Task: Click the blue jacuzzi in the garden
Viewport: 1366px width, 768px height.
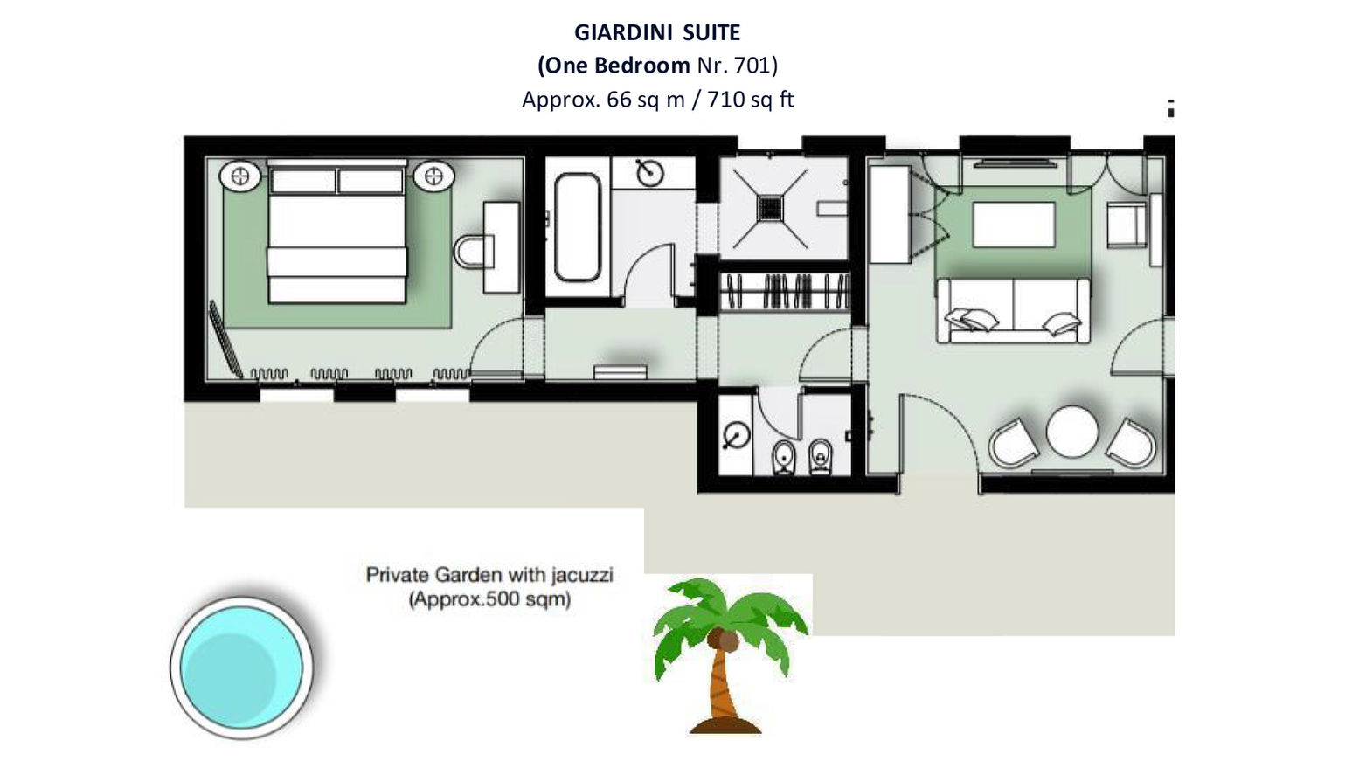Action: point(241,668)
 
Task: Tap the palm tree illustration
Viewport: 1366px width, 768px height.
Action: point(729,655)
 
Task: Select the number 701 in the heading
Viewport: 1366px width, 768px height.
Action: point(752,66)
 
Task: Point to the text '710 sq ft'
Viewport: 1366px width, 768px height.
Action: point(750,100)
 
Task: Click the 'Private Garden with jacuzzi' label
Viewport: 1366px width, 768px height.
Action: point(489,575)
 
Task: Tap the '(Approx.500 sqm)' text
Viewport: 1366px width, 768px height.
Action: point(489,599)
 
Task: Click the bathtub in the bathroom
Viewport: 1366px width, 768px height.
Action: point(577,227)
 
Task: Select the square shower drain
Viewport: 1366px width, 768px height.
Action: point(770,209)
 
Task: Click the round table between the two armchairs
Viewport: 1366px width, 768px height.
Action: point(1072,431)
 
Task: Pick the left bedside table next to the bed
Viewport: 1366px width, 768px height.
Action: point(240,176)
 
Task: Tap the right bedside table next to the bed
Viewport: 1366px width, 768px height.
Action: point(433,176)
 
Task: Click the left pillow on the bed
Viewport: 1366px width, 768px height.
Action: point(303,182)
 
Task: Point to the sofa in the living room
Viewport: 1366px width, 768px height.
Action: point(1014,310)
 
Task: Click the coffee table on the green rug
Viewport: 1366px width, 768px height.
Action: point(1014,225)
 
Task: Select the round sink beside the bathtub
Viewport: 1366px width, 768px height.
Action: point(649,173)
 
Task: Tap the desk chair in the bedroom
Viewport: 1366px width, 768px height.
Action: point(473,252)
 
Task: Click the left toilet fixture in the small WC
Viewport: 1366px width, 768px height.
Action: point(783,457)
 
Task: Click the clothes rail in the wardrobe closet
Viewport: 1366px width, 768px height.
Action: point(784,291)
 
